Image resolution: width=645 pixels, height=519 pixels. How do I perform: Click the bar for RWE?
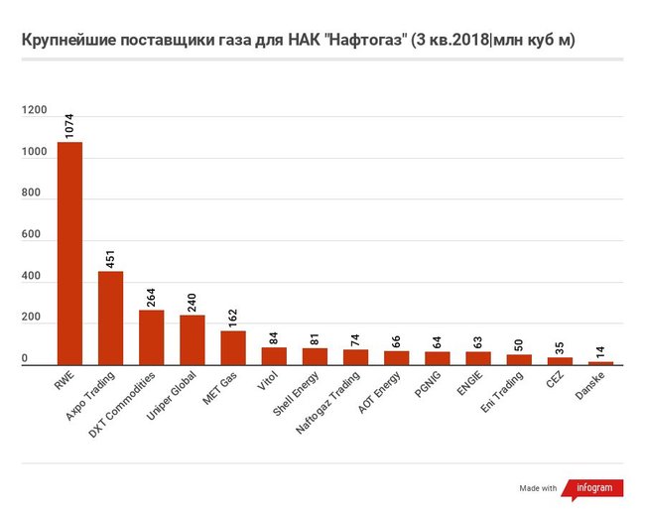click(69, 254)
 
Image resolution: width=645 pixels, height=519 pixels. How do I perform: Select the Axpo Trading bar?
click(110, 318)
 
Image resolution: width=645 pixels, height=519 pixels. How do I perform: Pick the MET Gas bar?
click(233, 348)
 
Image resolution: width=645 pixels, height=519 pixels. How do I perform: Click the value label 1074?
click(69, 124)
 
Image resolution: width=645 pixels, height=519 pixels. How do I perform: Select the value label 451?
click(110, 256)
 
